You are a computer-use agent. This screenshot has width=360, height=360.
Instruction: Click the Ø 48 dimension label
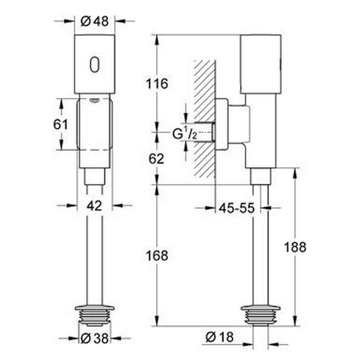pos(95,21)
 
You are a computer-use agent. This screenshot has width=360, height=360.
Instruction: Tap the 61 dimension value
pos(61,125)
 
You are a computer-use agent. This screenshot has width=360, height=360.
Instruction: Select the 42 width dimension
pos(94,206)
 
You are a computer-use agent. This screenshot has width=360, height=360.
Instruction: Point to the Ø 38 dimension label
pos(95,338)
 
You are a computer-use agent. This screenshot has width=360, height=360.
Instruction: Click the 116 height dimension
pos(157,83)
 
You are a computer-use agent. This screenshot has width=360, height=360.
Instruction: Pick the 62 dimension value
pos(157,159)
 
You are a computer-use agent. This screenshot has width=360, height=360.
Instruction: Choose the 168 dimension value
pos(157,255)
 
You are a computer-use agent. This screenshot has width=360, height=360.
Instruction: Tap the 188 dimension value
pos(295,247)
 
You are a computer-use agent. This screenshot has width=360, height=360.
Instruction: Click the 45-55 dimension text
pos(237,208)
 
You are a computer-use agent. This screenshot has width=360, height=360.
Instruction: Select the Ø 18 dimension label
pos(220,337)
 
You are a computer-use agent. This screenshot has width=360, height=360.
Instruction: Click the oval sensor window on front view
pos(95,64)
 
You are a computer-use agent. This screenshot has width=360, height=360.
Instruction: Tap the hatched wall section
pos(204,119)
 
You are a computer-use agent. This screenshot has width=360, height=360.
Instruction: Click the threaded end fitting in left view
pos(95,315)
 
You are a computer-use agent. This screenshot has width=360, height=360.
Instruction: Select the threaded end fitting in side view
pos(261,315)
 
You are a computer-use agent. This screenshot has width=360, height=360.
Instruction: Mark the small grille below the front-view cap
pos(94,100)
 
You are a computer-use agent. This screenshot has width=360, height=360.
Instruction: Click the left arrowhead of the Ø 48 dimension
pos(69,21)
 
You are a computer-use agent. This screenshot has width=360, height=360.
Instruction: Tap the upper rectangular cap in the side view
pos(261,64)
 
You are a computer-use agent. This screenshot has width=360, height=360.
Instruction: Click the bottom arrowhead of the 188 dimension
pos(295,320)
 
